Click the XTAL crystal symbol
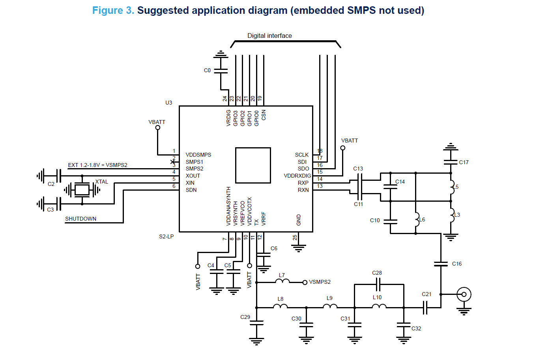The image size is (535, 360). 82,190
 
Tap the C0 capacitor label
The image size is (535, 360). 207,70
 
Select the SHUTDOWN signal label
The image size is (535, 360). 80,219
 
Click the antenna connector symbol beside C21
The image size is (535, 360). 464,294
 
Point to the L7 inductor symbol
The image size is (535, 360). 282,281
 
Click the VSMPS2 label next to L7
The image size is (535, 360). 320,282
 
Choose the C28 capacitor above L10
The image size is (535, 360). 378,284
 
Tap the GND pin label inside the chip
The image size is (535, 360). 299,220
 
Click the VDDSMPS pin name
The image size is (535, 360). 198,155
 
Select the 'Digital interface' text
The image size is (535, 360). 269,36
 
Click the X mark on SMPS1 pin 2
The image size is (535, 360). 173,162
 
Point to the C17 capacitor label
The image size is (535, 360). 464,162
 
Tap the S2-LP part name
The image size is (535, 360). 166,236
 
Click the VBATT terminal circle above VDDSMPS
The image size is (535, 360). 158,127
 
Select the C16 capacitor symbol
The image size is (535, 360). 441,264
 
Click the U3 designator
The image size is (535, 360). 168,103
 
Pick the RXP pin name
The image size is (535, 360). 303,183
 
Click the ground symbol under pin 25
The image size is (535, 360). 299,248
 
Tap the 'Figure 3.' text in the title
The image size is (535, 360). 113,10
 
